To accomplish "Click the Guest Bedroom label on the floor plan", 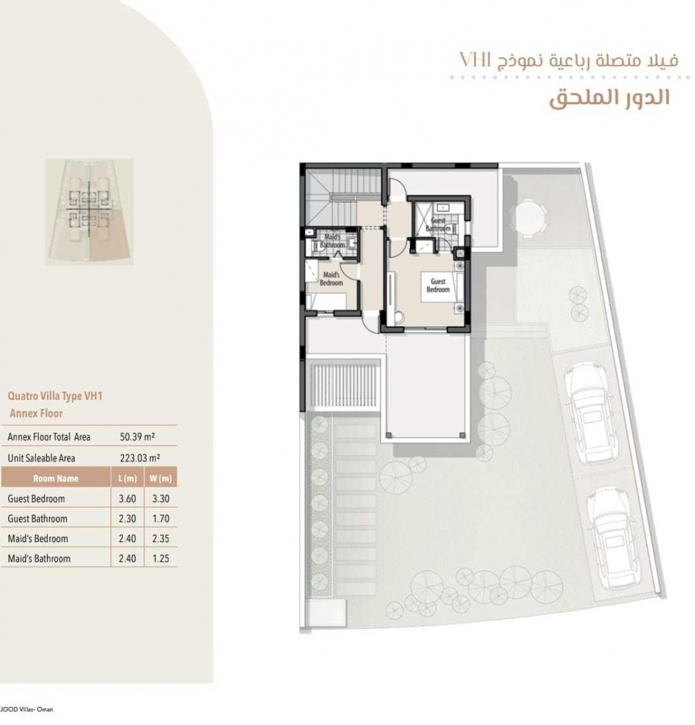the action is (438, 285).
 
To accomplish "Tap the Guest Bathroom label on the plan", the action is (438, 224).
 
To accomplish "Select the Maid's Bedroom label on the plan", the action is (331, 278).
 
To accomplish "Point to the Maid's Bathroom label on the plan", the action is (332, 241).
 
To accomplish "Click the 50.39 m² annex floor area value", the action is (137, 436).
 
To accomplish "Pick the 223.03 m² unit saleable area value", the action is (140, 458).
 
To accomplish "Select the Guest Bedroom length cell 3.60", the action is (127, 499).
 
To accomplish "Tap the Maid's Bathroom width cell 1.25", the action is (161, 559).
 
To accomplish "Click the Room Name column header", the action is (56, 478).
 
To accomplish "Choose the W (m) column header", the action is (160, 478).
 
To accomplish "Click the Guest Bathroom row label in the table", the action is (37, 519).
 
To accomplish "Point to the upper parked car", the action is (589, 412).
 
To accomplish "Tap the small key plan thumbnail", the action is (89, 211).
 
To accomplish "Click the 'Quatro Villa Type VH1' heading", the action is (55, 396).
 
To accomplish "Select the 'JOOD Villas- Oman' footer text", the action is (27, 709).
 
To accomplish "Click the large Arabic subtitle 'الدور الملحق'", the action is (609, 97).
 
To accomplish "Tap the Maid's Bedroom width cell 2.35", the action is (161, 539).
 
